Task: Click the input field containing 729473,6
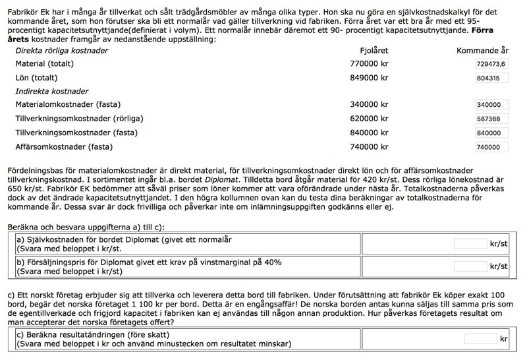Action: click(490, 64)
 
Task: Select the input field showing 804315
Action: click(490, 78)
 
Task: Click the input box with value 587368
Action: click(490, 119)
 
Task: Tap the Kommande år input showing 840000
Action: click(490, 133)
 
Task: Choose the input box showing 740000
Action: click(490, 147)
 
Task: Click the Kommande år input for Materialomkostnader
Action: click(490, 105)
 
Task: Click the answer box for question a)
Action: click(470, 244)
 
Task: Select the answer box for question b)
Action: click(470, 266)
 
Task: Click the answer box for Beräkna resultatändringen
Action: click(480, 339)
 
